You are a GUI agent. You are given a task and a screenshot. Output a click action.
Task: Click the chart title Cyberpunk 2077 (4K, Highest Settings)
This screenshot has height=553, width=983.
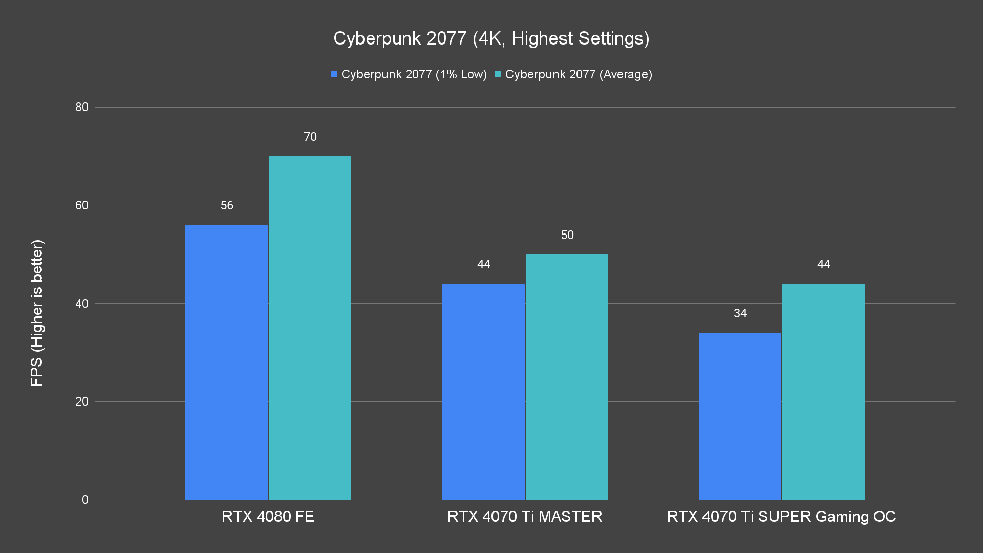click(491, 38)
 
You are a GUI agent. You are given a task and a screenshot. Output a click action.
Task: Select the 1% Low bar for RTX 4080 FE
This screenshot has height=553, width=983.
click(226, 362)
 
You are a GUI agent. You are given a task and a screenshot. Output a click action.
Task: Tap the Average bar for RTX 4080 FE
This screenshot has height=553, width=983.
click(310, 328)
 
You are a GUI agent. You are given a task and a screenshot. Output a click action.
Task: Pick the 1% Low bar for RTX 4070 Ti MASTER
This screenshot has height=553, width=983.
click(483, 392)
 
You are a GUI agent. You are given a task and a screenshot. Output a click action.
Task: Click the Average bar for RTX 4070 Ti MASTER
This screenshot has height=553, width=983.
click(567, 377)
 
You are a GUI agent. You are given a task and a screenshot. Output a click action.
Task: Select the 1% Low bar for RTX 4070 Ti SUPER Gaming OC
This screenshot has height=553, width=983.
click(740, 416)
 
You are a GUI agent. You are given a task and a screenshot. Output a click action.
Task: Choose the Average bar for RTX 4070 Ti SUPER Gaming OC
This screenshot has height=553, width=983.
click(823, 392)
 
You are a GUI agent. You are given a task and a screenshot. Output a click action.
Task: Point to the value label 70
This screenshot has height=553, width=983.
click(310, 137)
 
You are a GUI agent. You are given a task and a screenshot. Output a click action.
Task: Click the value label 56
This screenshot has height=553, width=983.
click(227, 205)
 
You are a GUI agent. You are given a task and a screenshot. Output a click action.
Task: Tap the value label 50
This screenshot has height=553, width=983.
click(567, 235)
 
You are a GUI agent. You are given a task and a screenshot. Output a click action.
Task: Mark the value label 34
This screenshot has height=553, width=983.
click(740, 313)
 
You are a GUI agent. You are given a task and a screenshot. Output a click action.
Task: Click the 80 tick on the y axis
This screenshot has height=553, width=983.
click(82, 107)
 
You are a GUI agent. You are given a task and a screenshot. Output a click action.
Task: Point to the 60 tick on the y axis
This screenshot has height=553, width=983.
click(82, 205)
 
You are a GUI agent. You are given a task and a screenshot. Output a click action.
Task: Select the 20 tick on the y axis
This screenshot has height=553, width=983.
click(82, 401)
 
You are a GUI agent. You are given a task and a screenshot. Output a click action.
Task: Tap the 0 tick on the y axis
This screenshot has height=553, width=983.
click(85, 500)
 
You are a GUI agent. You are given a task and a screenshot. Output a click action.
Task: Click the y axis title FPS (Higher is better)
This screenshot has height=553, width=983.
click(37, 312)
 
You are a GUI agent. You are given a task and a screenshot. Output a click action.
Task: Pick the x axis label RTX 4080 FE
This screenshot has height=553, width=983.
click(268, 516)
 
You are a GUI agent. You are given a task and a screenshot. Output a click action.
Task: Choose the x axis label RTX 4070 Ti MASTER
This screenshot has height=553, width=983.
click(525, 516)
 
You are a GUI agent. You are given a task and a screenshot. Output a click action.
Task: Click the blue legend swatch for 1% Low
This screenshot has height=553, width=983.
click(334, 74)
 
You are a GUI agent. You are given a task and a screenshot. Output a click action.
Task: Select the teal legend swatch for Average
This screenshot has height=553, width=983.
click(498, 74)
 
